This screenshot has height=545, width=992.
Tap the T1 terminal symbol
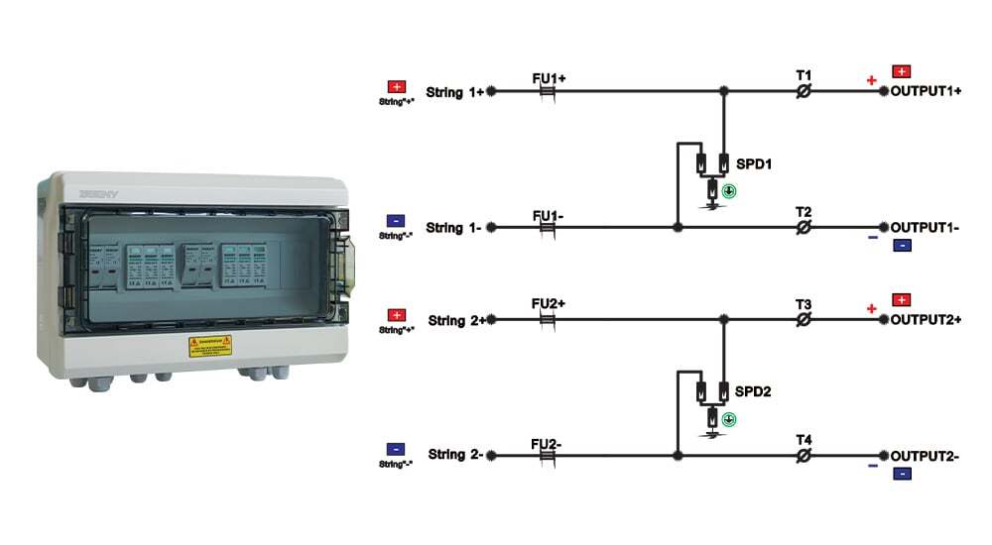click(x=805, y=91)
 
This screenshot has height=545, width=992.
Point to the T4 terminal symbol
click(x=805, y=456)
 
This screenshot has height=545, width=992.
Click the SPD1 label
click(x=753, y=163)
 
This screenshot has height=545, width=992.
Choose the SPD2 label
click(x=753, y=391)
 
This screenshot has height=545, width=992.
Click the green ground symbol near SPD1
click(x=729, y=191)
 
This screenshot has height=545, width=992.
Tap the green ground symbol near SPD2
click(x=729, y=420)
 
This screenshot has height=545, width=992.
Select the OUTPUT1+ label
click(x=926, y=91)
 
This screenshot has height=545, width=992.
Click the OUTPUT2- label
click(x=925, y=456)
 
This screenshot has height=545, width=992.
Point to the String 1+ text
click(x=456, y=92)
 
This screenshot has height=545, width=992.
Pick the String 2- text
click(x=455, y=455)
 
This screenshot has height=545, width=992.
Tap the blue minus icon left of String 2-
click(x=396, y=449)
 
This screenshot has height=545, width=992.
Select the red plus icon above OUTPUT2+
click(x=902, y=299)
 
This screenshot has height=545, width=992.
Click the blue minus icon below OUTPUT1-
click(x=902, y=246)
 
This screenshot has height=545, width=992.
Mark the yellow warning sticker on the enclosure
click(x=209, y=346)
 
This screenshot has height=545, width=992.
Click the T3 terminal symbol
click(x=805, y=320)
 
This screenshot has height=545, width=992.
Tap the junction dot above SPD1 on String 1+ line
click(x=724, y=91)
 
